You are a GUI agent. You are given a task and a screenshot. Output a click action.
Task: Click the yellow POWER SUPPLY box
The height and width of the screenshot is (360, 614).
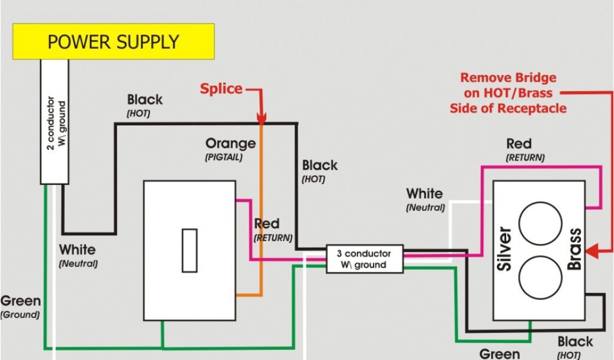pyautogui.click(x=113, y=41)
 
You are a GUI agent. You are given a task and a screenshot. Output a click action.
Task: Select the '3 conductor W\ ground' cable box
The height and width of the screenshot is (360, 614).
pyautogui.click(x=365, y=259)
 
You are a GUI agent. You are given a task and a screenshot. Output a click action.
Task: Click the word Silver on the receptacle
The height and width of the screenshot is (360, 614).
pyautogui.click(x=505, y=249)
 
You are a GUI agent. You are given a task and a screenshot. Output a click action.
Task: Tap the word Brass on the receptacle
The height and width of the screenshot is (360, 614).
pyautogui.click(x=575, y=250)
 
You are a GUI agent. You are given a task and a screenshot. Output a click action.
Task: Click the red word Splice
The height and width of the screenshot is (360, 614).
pyautogui.click(x=221, y=89)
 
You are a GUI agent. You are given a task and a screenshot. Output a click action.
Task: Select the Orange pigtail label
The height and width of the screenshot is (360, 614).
pyautogui.click(x=230, y=144)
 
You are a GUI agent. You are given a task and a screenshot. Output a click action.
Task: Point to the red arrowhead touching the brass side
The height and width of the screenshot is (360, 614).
pyautogui.click(x=591, y=252)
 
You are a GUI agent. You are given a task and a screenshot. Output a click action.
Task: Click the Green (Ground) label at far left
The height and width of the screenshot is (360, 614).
pyautogui.click(x=20, y=301)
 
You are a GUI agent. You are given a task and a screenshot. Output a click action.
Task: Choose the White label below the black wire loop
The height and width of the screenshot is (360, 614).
pyautogui.click(x=77, y=250)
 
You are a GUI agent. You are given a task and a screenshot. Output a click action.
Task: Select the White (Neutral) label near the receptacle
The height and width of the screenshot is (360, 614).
pyautogui.click(x=425, y=194)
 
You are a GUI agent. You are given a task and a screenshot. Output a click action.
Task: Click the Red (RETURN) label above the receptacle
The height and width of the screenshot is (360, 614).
pyautogui.click(x=519, y=144)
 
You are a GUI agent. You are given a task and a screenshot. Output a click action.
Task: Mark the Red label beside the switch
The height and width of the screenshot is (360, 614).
pyautogui.click(x=267, y=224)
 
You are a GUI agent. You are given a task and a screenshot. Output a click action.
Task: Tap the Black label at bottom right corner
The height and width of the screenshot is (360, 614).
pyautogui.click(x=575, y=342)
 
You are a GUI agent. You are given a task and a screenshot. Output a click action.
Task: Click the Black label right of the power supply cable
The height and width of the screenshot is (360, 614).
pyautogui.click(x=145, y=100)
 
